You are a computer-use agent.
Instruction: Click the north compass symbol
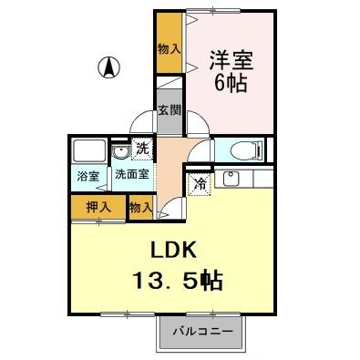coord(108,66)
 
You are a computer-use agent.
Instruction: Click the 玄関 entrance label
coord(169,110)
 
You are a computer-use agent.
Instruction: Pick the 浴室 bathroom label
coord(88,176)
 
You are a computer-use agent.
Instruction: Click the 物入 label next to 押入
coord(140,209)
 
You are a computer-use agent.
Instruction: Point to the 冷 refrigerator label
coord(200,183)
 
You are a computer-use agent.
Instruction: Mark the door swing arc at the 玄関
coord(141,123)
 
